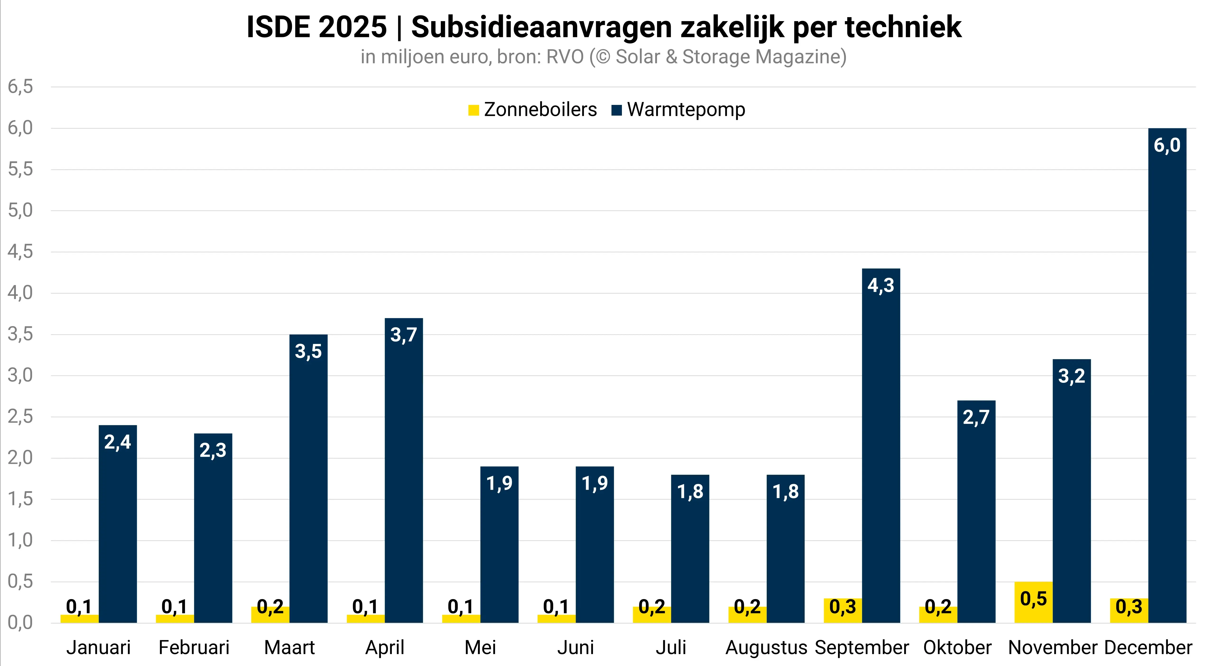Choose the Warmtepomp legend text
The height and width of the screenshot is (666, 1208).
686,110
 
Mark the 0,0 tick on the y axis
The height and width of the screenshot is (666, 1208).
20,623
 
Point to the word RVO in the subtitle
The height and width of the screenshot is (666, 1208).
565,57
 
